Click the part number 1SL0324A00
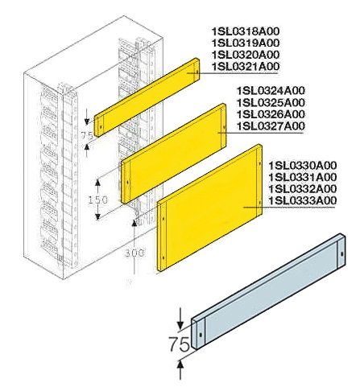point(271,92)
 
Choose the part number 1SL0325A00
point(271,103)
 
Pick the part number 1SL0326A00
point(271,114)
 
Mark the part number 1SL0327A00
point(271,126)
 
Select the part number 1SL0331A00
point(303,177)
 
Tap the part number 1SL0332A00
point(303,188)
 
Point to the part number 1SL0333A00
point(303,200)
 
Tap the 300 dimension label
point(134,252)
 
